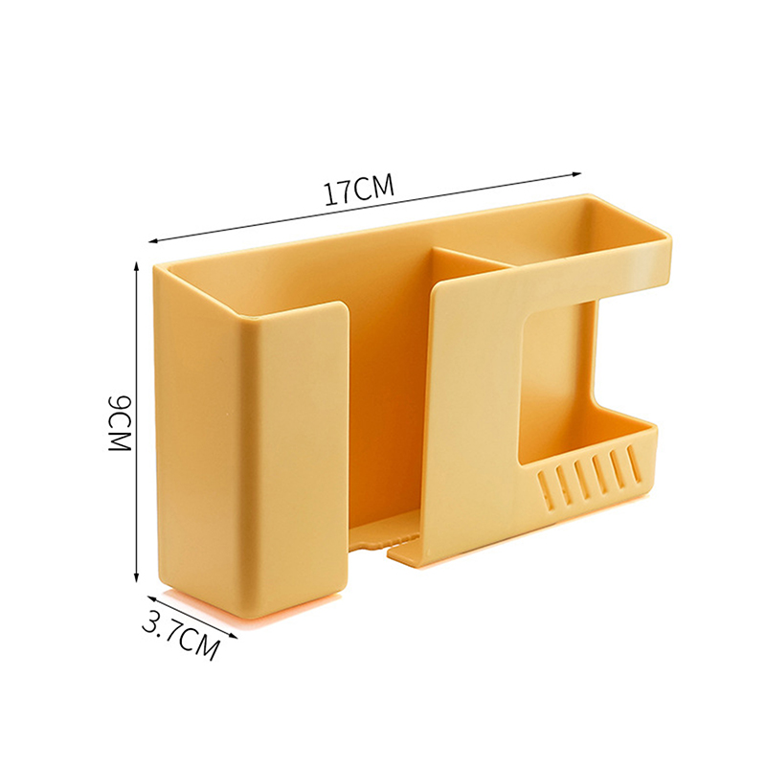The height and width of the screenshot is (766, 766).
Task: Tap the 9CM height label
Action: click(119, 423)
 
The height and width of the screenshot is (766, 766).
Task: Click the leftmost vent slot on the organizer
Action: click(547, 488)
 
